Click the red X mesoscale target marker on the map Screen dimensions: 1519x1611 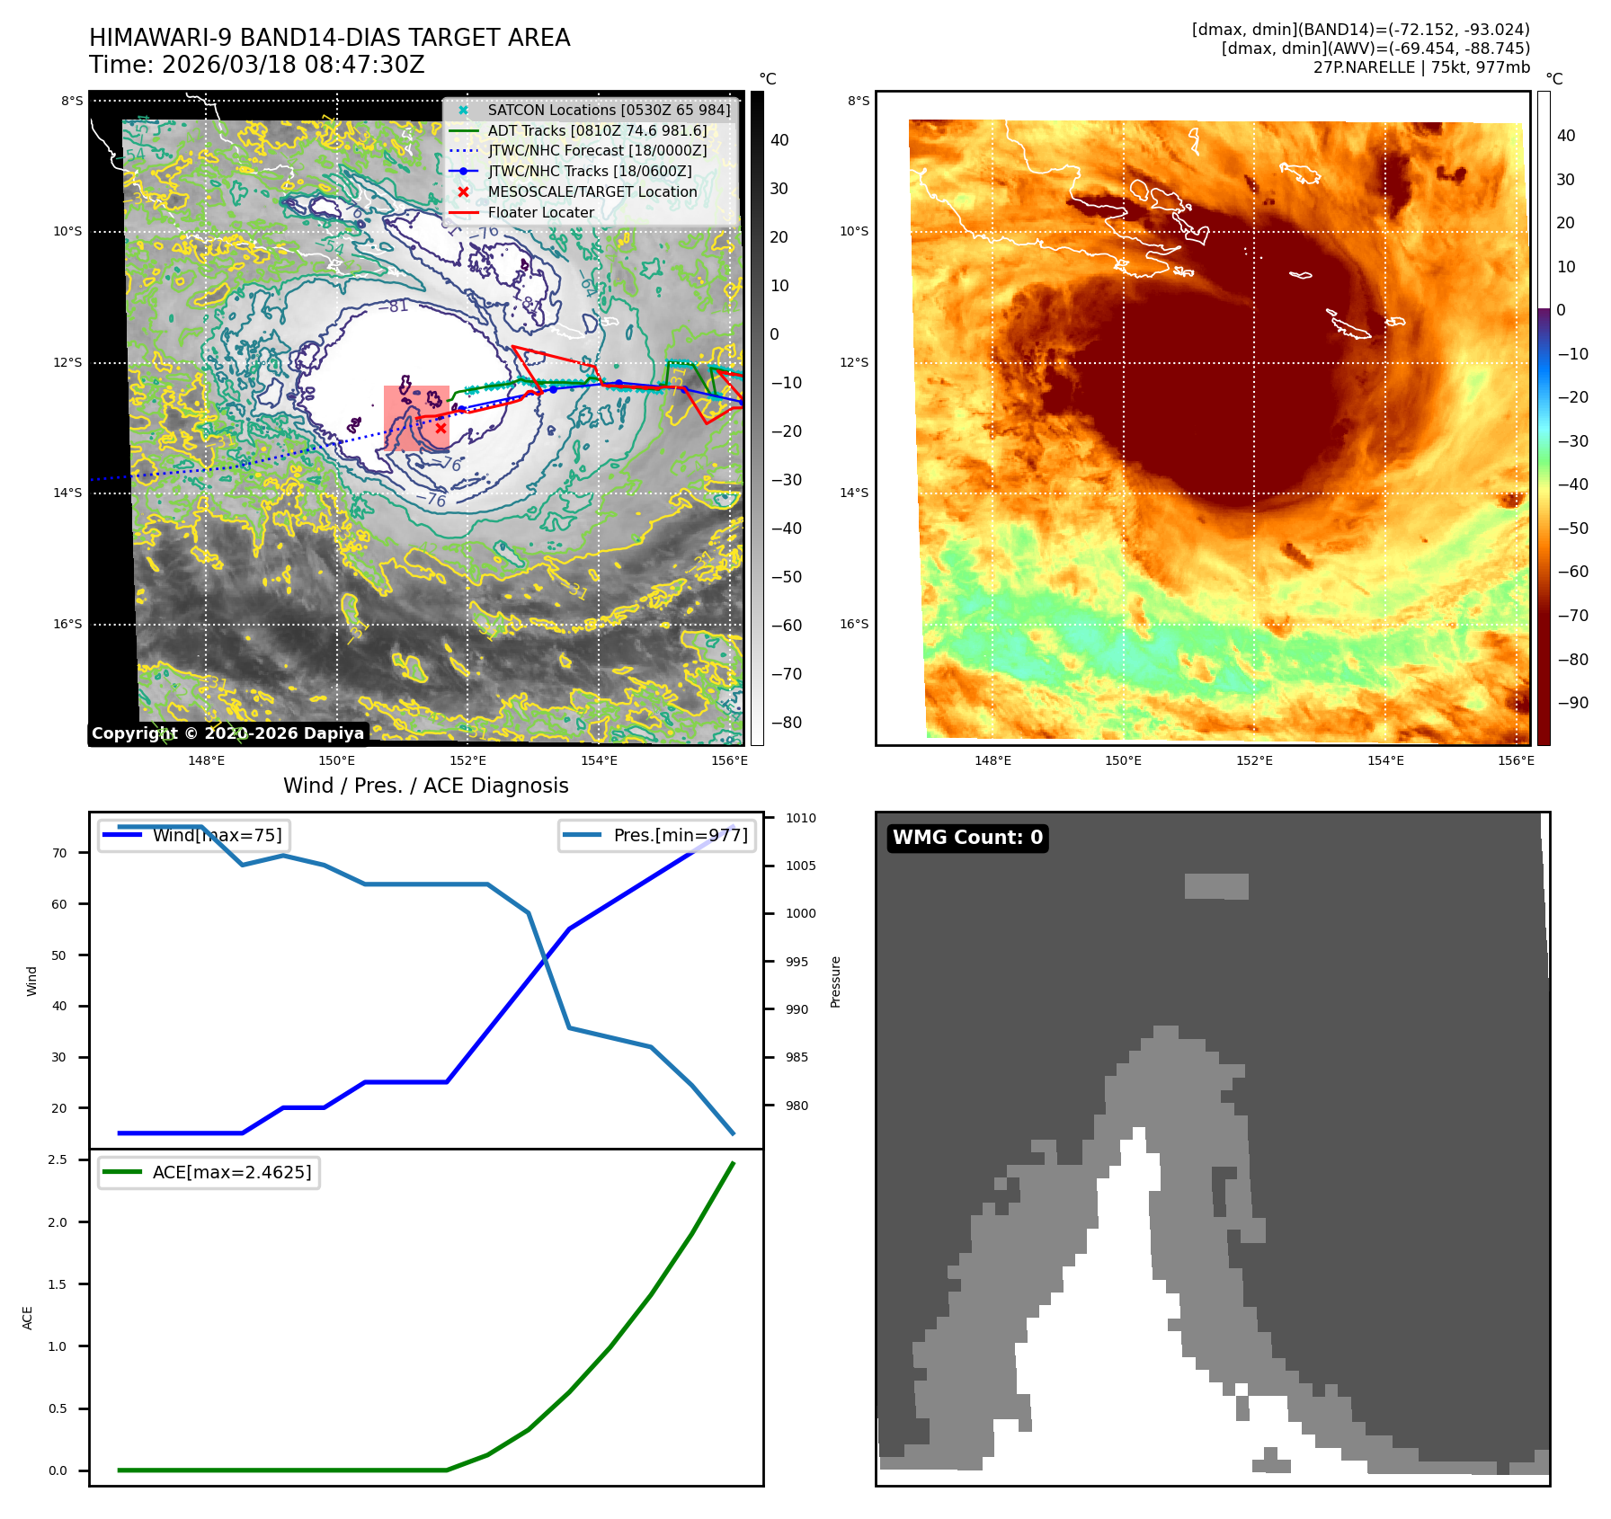(x=441, y=429)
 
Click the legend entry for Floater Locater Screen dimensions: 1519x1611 (x=540, y=213)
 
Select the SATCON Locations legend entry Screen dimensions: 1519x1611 (x=609, y=111)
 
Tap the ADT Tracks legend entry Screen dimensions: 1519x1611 (x=597, y=131)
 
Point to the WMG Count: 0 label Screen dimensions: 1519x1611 (x=967, y=838)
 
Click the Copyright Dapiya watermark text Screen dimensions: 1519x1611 (x=227, y=733)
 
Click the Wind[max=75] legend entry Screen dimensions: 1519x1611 (x=217, y=836)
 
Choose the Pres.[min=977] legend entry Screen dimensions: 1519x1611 (x=680, y=836)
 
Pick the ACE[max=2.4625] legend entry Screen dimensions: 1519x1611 (x=232, y=1173)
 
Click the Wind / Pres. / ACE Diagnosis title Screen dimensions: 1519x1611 (x=425, y=786)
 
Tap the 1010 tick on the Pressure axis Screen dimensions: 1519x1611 (x=800, y=819)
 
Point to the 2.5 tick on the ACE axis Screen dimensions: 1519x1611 (x=58, y=1160)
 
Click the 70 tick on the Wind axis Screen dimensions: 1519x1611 (x=59, y=854)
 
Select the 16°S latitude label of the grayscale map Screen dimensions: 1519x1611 (x=67, y=625)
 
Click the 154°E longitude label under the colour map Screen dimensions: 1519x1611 (x=1385, y=761)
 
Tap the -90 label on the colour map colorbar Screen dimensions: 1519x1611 (x=1572, y=703)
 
